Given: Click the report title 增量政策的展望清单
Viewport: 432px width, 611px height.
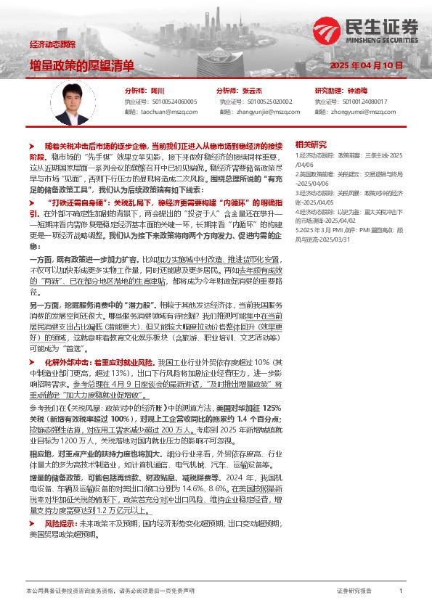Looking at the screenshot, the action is pyautogui.click(x=81, y=65).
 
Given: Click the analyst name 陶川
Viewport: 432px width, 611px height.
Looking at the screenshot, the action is pyautogui.click(x=158, y=91).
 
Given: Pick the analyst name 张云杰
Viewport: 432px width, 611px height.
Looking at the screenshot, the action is pyautogui.click(x=253, y=91).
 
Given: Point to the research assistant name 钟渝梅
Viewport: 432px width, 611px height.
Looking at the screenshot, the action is pyautogui.click(x=357, y=91).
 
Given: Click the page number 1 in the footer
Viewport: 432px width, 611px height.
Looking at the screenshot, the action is pyautogui.click(x=401, y=591).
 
